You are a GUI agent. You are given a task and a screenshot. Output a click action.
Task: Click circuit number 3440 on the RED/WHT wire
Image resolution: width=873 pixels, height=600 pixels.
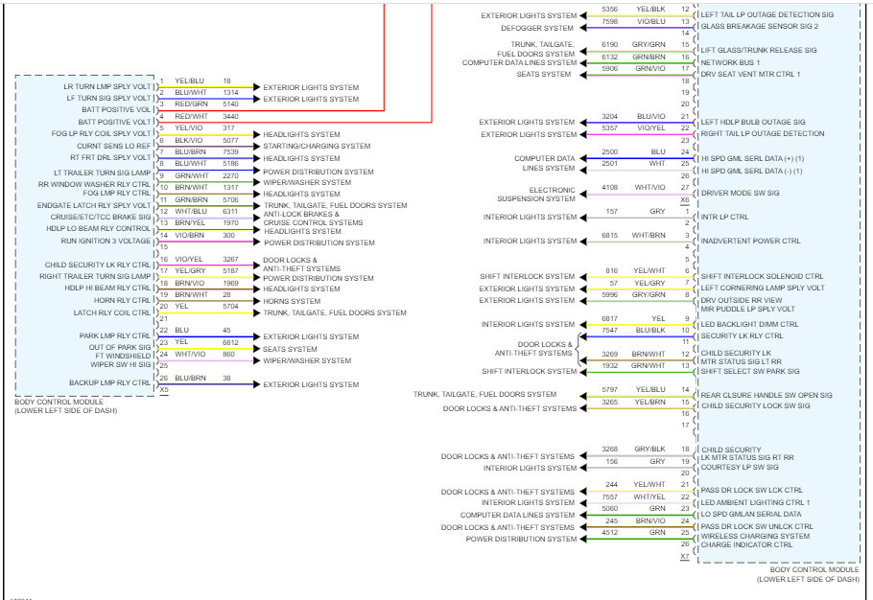point(230,116)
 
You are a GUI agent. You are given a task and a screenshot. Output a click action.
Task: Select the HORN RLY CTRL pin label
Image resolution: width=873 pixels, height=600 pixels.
point(123,300)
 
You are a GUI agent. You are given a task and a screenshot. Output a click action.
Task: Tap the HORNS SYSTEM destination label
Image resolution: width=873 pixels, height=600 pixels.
point(293,301)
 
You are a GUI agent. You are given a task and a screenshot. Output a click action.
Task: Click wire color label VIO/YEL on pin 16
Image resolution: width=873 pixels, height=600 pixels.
point(188,259)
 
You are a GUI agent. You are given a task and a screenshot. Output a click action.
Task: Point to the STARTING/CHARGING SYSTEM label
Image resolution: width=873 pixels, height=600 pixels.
point(317,147)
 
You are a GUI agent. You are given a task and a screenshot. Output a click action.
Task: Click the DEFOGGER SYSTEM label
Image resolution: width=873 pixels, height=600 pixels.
point(537,28)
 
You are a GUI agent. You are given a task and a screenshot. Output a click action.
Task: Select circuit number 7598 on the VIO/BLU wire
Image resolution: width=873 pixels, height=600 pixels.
point(609,20)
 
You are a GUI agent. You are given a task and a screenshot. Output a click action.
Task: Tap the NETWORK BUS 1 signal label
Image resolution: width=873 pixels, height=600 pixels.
point(730,62)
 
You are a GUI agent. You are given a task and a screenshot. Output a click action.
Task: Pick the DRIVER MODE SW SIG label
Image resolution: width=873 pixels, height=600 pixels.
point(740,193)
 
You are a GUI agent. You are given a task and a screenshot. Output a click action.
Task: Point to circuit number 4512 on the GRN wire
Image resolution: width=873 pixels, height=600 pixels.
point(609,533)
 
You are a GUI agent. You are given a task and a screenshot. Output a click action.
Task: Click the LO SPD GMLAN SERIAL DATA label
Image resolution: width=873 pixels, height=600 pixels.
point(750,515)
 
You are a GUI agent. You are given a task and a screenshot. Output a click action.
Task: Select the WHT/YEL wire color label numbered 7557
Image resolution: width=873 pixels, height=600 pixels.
point(649,496)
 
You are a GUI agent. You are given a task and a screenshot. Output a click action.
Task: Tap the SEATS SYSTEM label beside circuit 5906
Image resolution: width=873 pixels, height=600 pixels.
point(543,74)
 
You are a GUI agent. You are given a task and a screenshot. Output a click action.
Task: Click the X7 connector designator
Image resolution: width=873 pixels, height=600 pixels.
point(684,556)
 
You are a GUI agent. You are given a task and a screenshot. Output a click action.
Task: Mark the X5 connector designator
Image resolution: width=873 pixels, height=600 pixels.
point(164,389)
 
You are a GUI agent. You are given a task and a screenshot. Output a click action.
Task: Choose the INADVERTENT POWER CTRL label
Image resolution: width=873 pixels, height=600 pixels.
point(749,241)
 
